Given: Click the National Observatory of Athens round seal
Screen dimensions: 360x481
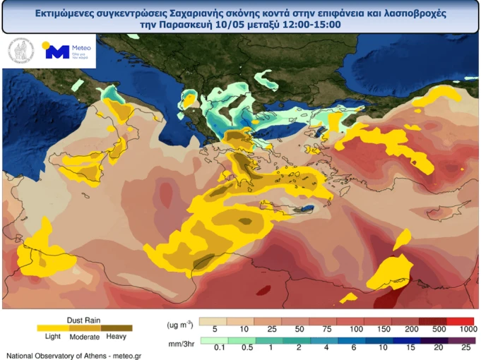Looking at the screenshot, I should click(20, 52).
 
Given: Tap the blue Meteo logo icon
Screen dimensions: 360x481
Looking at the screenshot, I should click(57, 52).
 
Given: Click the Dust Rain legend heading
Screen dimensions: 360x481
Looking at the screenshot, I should click(83, 319).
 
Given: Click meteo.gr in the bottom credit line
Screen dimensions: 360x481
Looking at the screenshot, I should click(126, 355).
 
